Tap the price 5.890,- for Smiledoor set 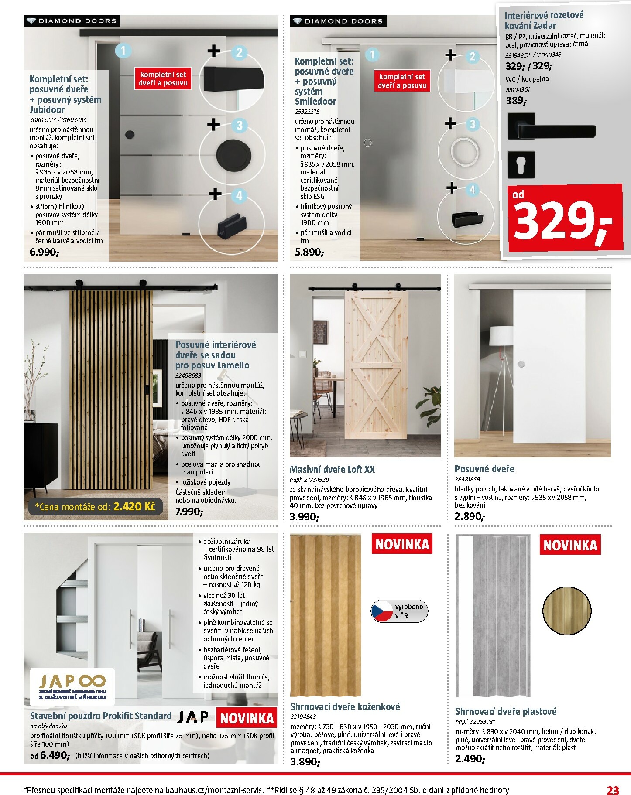pyautogui.click(x=309, y=252)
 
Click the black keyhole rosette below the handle pyautogui.click(x=521, y=164)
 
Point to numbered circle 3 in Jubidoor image pyautogui.click(x=239, y=126)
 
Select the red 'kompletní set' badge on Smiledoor pyautogui.click(x=402, y=81)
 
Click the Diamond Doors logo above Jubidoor pyautogui.click(x=72, y=21)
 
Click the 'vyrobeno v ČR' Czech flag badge pyautogui.click(x=399, y=611)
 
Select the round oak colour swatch pyautogui.click(x=567, y=611)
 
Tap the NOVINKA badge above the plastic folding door pyautogui.click(x=570, y=545)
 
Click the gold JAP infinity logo pyautogui.click(x=72, y=682)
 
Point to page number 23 pyautogui.click(x=613, y=790)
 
